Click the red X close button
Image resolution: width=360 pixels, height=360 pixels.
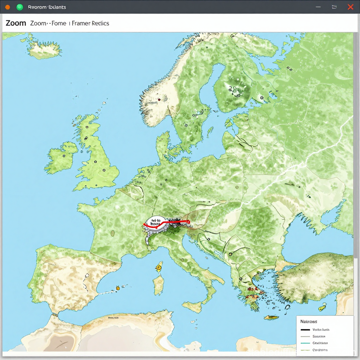(x=350, y=7)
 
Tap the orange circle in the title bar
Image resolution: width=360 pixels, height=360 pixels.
(x=8, y=7)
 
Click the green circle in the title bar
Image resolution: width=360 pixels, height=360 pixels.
(x=20, y=7)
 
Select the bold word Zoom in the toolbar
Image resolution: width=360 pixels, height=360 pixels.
(x=16, y=23)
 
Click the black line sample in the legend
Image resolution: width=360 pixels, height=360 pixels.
(x=305, y=330)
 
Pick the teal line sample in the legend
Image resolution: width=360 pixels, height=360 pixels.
(x=305, y=343)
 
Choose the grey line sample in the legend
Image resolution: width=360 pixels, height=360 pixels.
(x=305, y=336)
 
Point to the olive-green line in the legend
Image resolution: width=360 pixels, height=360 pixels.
(x=305, y=350)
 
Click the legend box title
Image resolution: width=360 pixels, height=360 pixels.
(x=309, y=321)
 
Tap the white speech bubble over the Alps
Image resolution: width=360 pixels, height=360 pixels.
(x=155, y=223)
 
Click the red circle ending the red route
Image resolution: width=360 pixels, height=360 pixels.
(x=188, y=222)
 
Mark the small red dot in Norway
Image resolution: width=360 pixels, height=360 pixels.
(x=159, y=99)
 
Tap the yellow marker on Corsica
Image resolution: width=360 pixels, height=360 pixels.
(x=159, y=267)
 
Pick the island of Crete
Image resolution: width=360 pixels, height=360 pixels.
(x=271, y=317)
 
